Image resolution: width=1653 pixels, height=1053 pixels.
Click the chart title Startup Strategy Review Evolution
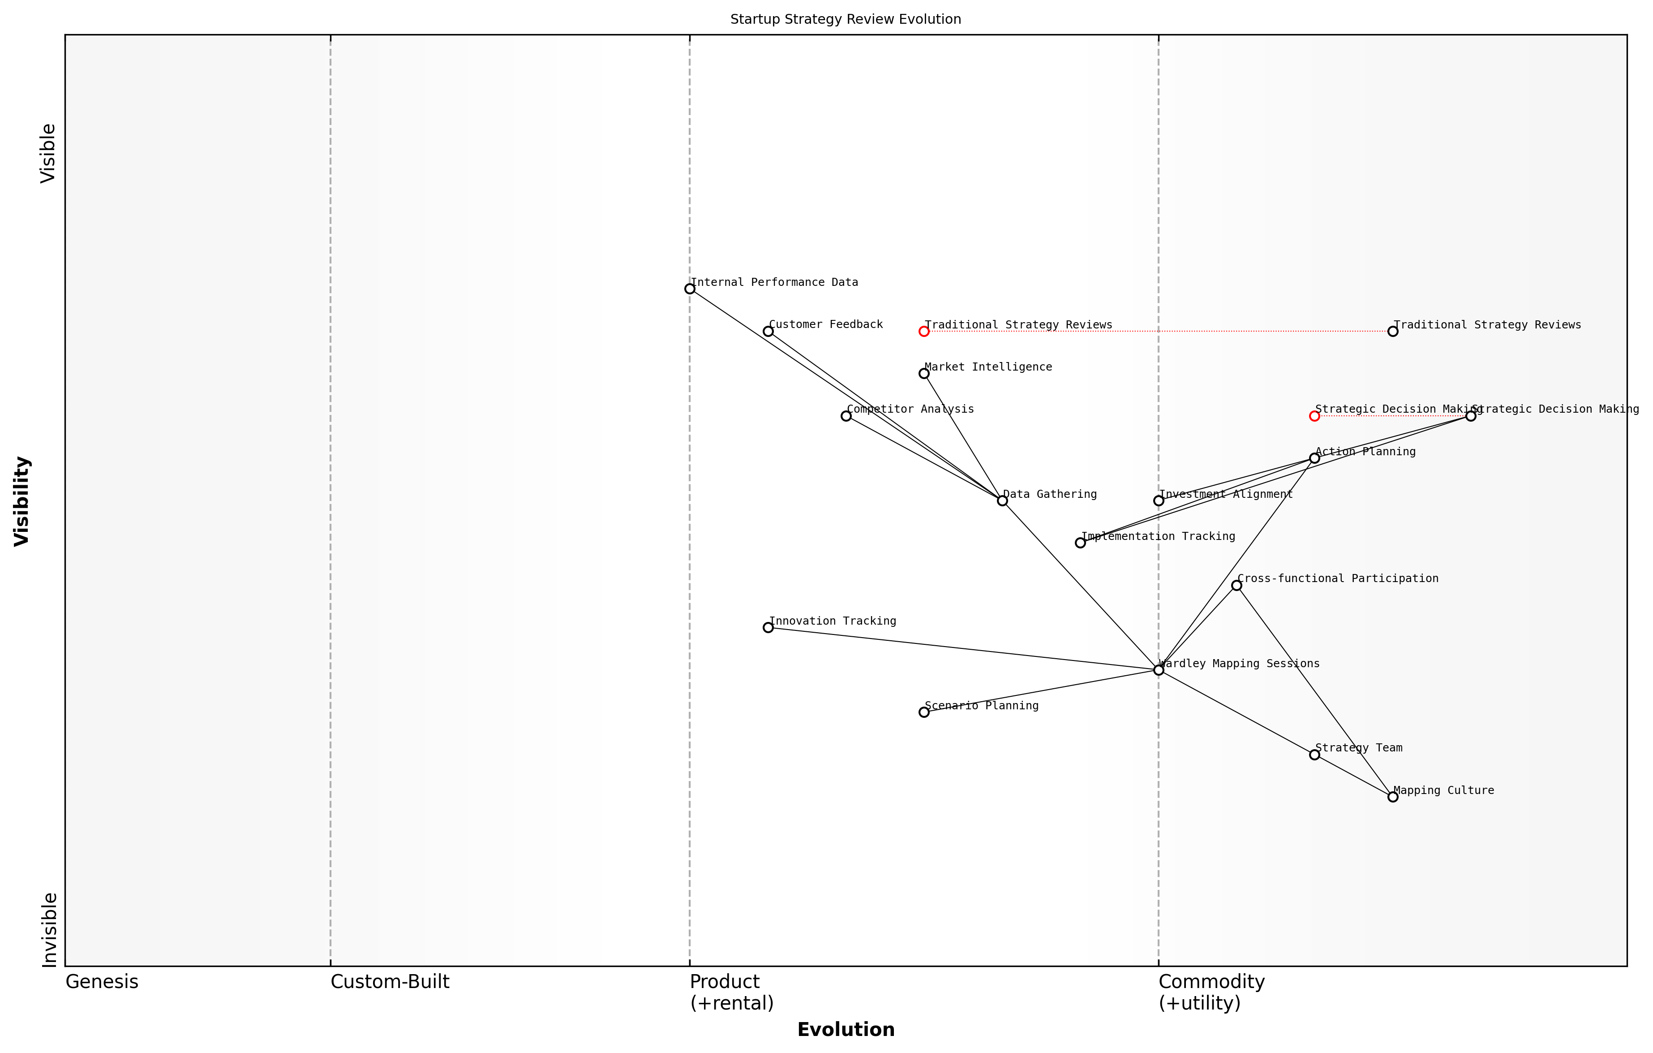(845, 19)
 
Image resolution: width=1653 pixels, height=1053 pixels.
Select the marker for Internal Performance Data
(689, 289)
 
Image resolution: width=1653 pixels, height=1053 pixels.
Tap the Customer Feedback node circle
(768, 331)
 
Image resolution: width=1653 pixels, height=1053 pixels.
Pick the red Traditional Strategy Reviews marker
(923, 331)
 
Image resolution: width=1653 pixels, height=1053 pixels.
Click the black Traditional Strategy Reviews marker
(1392, 331)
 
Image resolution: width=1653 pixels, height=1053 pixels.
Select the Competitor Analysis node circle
(846, 415)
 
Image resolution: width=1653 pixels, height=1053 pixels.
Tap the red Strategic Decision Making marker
(1314, 415)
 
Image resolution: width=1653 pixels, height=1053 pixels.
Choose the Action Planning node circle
(1314, 457)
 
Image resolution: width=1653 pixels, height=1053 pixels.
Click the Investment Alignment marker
(1158, 500)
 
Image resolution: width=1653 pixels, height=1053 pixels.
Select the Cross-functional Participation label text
(1337, 578)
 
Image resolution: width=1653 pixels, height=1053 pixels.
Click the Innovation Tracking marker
(768, 627)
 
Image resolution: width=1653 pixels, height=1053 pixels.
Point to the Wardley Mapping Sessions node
(1158, 670)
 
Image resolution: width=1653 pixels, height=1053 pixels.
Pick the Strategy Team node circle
(1314, 754)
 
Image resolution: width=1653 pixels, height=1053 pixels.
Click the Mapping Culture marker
(1392, 797)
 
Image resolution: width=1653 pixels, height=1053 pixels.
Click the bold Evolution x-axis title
(845, 1030)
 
